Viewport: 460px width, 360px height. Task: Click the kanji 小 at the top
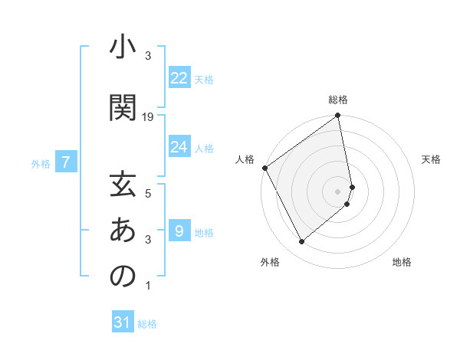[123, 48]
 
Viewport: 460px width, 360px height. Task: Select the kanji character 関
[123, 107]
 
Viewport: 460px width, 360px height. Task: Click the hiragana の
[123, 276]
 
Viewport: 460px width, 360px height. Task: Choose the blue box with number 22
[179, 78]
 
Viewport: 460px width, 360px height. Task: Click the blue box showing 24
[179, 147]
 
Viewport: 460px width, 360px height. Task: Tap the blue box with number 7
[67, 162]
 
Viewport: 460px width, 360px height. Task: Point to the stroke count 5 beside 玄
[148, 193]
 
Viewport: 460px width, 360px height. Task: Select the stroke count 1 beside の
[148, 286]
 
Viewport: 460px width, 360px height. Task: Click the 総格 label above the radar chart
[338, 100]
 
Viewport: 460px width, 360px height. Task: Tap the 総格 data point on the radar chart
[338, 116]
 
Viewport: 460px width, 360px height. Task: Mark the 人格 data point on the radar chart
[264, 168]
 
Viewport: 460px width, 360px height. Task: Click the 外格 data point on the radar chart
[301, 242]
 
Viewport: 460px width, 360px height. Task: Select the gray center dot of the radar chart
[338, 191]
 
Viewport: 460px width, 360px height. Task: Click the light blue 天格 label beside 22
[204, 80]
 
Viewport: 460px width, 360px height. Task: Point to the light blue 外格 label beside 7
[41, 163]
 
